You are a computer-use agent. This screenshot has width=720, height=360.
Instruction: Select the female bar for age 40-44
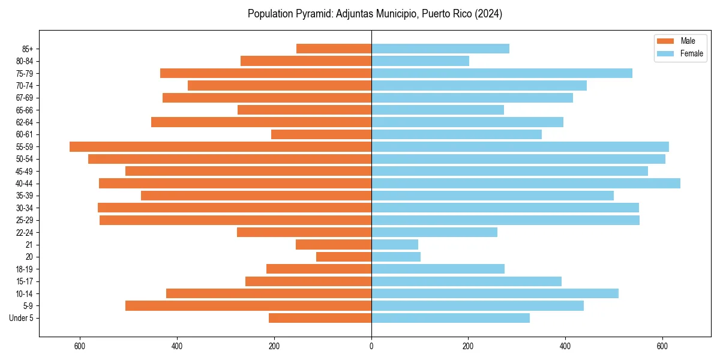(x=526, y=183)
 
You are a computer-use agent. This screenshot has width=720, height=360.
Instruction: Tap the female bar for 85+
(x=440, y=49)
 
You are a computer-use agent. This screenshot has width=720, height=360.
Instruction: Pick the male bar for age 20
(x=344, y=257)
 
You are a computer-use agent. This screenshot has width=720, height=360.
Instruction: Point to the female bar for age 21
(x=395, y=244)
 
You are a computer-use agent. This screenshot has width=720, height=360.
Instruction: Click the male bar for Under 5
(x=320, y=318)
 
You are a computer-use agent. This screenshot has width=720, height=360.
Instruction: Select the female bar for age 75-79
(x=502, y=73)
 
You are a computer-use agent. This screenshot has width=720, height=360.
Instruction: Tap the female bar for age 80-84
(x=420, y=61)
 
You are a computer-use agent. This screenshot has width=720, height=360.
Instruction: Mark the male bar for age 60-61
(x=321, y=134)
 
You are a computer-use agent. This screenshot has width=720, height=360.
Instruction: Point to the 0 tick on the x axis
(x=371, y=346)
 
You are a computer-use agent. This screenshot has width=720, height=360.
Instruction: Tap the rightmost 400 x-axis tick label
(x=565, y=346)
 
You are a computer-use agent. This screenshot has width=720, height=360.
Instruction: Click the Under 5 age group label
(x=21, y=318)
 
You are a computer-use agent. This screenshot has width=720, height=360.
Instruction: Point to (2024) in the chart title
(x=488, y=14)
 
